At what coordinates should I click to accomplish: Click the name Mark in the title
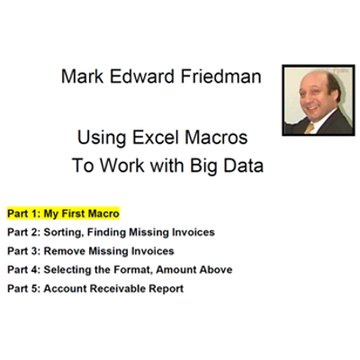pyautogui.click(x=82, y=77)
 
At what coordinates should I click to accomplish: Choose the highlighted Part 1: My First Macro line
pyautogui.click(x=64, y=213)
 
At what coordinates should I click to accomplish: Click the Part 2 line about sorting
pyautogui.click(x=111, y=232)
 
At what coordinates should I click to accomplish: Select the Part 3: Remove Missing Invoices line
pyautogui.click(x=91, y=251)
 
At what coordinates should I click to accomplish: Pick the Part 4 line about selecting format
pyautogui.click(x=120, y=269)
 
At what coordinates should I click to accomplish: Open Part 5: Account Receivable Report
pyautogui.click(x=95, y=288)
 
